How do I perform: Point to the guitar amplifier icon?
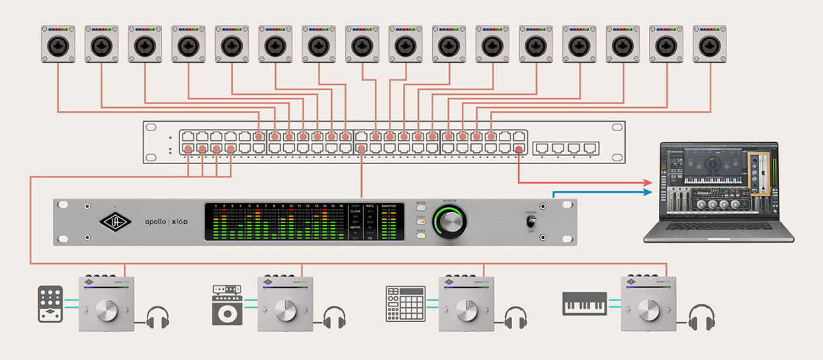[x=227, y=305]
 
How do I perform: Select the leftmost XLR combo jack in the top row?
[x=58, y=44]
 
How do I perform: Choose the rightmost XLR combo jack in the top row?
[x=709, y=44]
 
